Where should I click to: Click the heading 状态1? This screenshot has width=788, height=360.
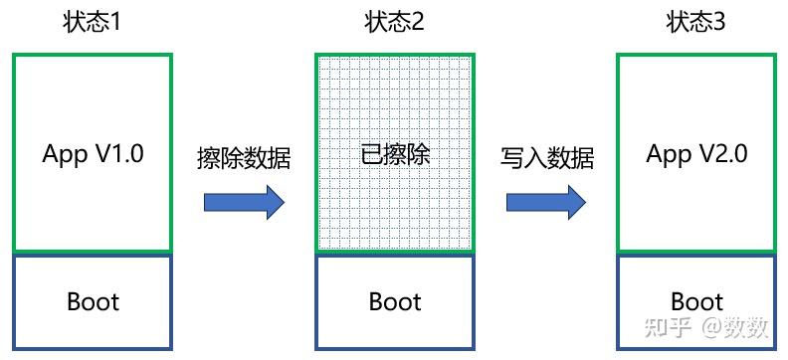click(x=92, y=22)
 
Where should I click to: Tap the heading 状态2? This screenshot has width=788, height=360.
click(x=395, y=22)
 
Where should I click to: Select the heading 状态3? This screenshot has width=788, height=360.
click(x=696, y=22)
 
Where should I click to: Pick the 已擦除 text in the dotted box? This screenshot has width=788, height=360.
click(x=396, y=155)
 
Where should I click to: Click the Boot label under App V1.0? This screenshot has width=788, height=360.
click(x=93, y=301)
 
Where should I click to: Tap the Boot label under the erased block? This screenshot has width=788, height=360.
click(x=395, y=301)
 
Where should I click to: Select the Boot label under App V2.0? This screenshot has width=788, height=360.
click(x=696, y=301)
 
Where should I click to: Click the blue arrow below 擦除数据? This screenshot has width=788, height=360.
click(x=244, y=202)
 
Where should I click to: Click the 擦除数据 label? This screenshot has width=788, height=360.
click(x=244, y=158)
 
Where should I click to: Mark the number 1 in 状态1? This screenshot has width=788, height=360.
click(x=115, y=22)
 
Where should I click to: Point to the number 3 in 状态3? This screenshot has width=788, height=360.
click(x=719, y=22)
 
